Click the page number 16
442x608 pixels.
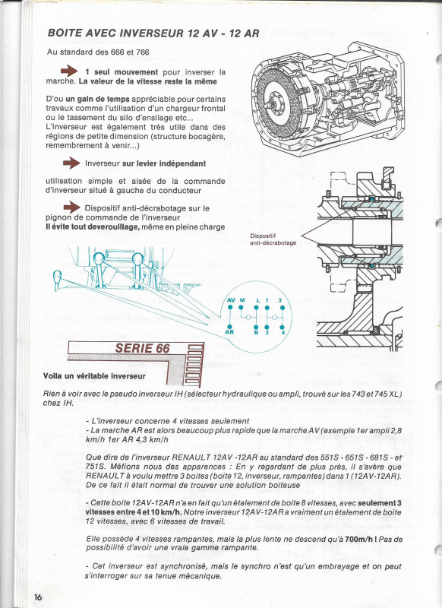pos(37,597)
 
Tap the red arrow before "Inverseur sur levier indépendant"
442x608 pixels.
pos(71,163)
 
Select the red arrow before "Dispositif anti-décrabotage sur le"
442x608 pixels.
pos(71,207)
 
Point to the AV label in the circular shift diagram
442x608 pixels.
pos(231,300)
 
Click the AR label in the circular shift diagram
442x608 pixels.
pos(230,332)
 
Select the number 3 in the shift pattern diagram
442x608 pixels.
pos(280,300)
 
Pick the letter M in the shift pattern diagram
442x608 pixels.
pos(243,300)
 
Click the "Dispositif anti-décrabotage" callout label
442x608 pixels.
pos(273,239)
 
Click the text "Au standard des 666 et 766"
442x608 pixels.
pos(98,52)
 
